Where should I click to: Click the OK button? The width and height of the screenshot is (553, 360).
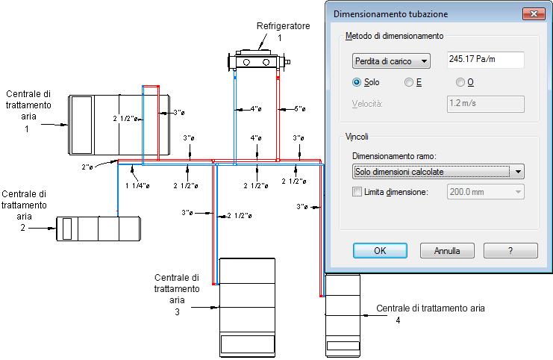click(380, 250)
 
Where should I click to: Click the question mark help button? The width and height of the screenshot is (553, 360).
click(510, 250)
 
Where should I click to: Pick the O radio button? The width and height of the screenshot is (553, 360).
click(460, 82)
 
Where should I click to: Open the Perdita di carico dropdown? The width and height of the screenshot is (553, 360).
click(391, 61)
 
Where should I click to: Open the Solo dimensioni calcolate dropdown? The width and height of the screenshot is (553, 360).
click(437, 172)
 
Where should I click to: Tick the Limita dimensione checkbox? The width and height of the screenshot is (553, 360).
click(357, 193)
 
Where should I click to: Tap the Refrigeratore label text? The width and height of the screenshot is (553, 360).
click(283, 26)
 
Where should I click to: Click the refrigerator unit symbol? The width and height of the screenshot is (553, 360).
click(258, 60)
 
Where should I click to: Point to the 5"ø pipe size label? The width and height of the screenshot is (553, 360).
click(299, 109)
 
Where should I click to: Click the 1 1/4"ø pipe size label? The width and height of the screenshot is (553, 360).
click(137, 185)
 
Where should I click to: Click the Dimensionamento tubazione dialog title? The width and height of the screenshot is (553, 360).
click(391, 13)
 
